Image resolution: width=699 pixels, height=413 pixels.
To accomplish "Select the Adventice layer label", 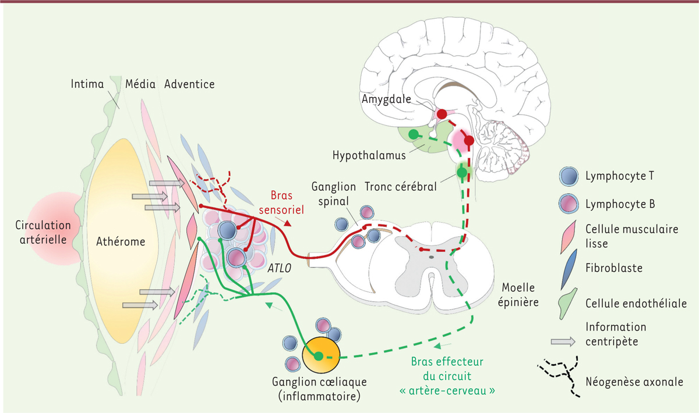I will (x=189, y=84).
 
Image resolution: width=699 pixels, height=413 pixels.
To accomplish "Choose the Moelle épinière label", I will (x=520, y=296).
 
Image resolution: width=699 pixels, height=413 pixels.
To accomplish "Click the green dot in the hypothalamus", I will (x=413, y=134).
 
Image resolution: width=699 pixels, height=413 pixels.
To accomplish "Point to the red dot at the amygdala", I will (x=443, y=113).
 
